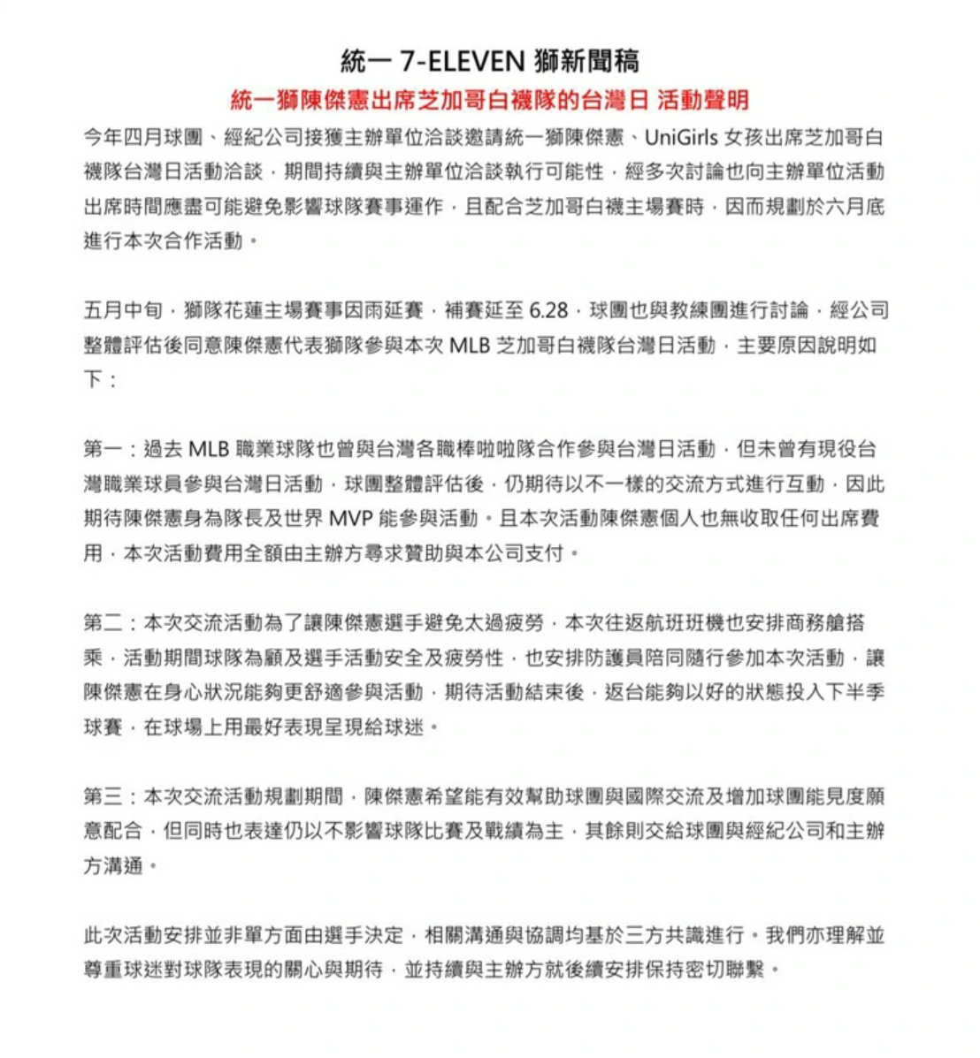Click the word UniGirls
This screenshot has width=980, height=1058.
pyautogui.click(x=681, y=138)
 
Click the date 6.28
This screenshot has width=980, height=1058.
pyautogui.click(x=548, y=311)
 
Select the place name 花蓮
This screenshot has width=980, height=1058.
pyautogui.click(x=263, y=311)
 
